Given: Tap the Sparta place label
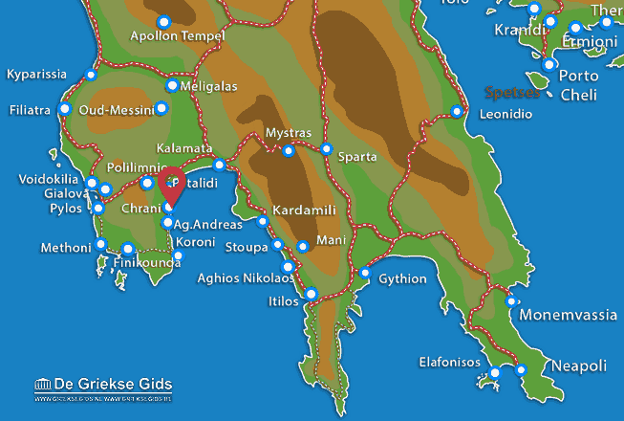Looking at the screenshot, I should (357, 156).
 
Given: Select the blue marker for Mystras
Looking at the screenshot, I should (289, 150).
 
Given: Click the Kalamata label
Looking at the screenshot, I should (183, 149).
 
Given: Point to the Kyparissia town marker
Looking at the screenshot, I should (91, 75).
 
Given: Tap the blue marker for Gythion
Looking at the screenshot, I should (365, 273).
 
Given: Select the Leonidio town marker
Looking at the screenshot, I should (457, 112).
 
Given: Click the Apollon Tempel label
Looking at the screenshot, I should (177, 36).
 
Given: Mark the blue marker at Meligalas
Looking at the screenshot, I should (172, 85).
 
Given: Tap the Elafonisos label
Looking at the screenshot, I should (452, 363).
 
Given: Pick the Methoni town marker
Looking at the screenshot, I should (101, 244).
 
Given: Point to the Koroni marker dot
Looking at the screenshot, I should (178, 255).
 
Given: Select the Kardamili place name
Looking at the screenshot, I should (303, 209).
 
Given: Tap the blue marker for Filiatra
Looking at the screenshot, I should (65, 109).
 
